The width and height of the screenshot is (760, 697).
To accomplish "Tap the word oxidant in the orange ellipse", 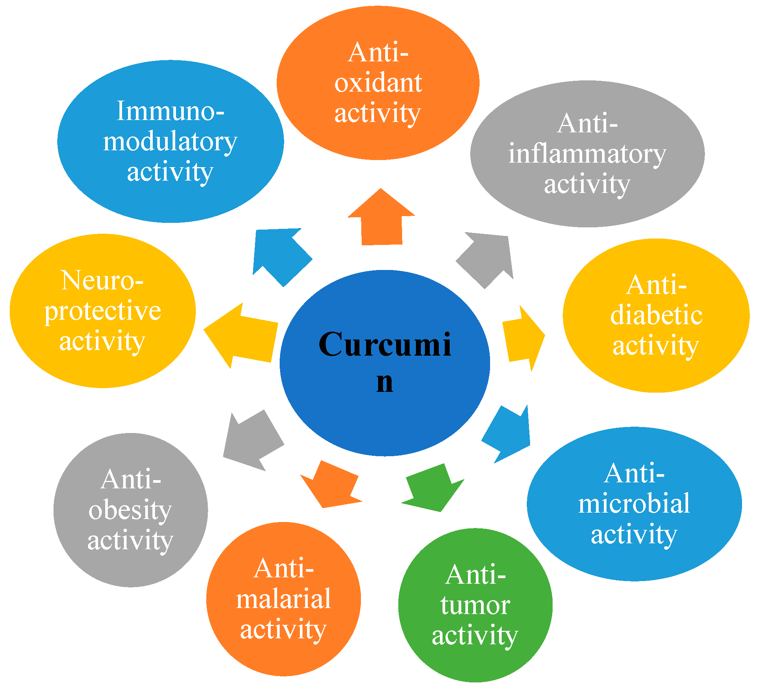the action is pyautogui.click(x=378, y=83).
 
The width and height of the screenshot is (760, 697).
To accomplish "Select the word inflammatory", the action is pyautogui.click(x=587, y=154).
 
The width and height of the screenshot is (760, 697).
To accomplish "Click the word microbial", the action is pyautogui.click(x=634, y=504).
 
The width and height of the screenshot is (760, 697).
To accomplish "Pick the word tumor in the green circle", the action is pyautogui.click(x=475, y=605).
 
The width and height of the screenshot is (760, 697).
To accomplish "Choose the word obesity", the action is pyautogui.click(x=130, y=510).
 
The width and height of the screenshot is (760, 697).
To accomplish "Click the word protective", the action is pyautogui.click(x=103, y=311).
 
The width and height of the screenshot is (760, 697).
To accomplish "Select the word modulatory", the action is pyautogui.click(x=170, y=142).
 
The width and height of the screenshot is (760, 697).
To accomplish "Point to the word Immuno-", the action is pyautogui.click(x=170, y=112).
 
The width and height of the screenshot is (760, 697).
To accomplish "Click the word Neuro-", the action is pyautogui.click(x=102, y=281).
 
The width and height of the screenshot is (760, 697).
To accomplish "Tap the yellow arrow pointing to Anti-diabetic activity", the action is pyautogui.click(x=523, y=338).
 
